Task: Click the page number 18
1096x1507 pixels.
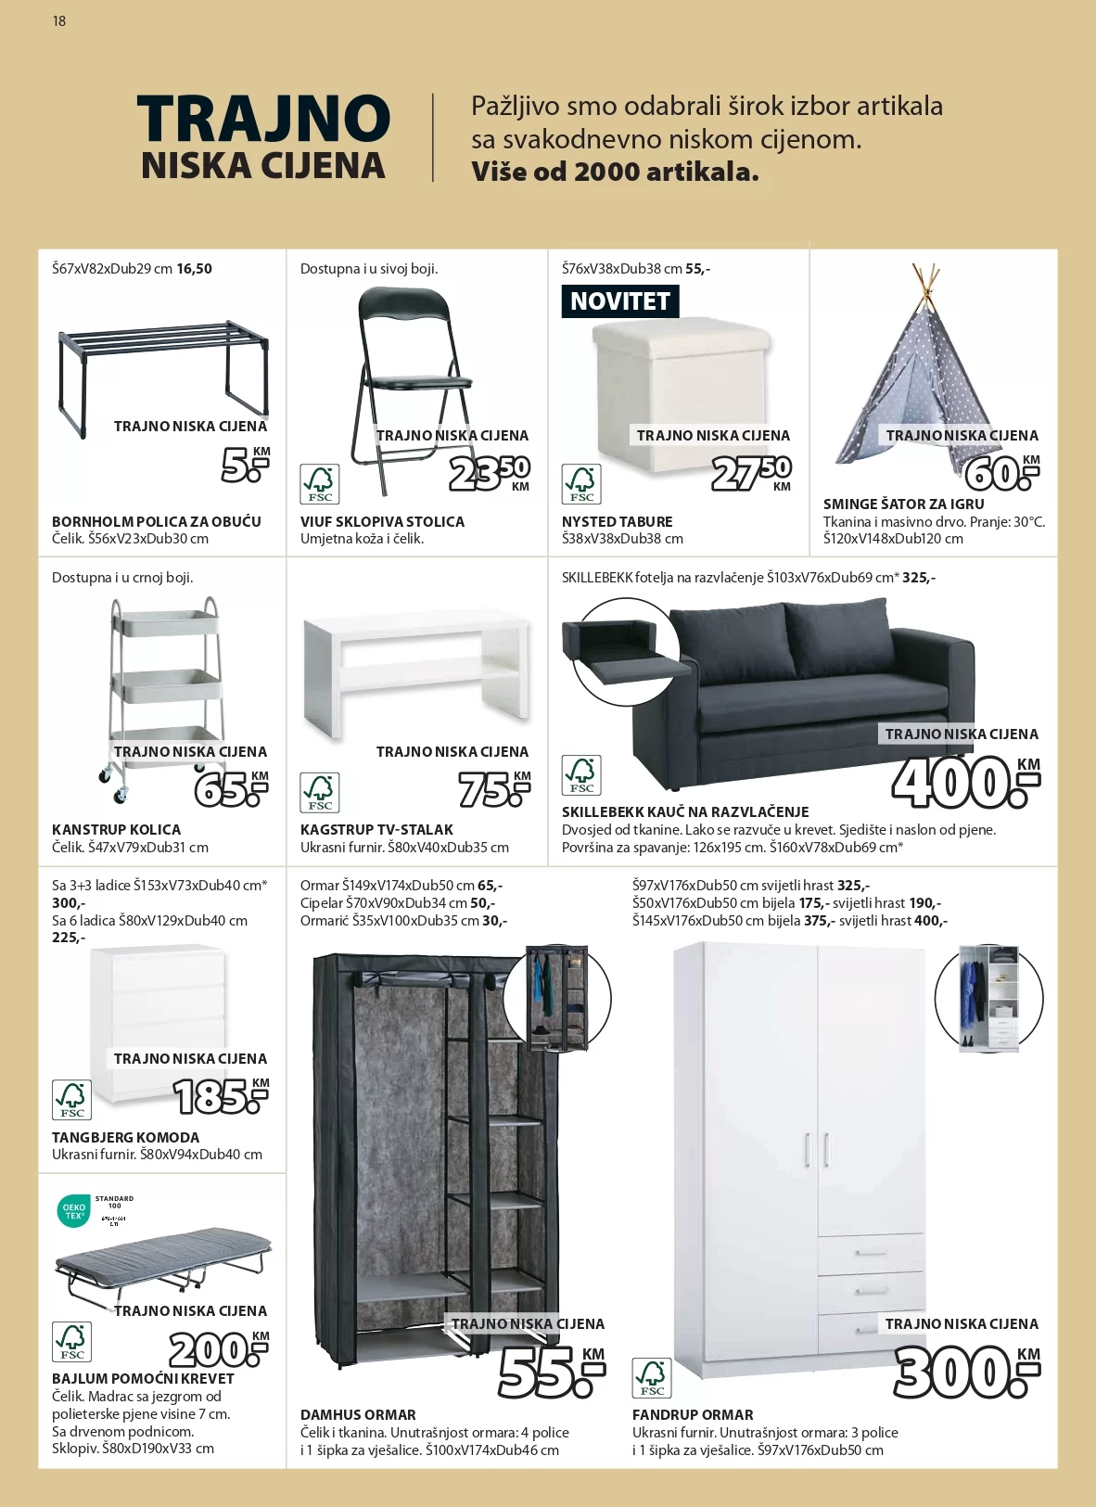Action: pos(59,20)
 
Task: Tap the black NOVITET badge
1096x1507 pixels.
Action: pos(620,301)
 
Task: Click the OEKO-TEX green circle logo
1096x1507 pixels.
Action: pos(73,1211)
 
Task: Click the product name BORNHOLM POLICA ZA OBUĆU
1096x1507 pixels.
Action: pos(157,521)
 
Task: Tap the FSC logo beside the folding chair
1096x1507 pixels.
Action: pos(320,483)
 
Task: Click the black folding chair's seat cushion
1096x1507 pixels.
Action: pos(417,381)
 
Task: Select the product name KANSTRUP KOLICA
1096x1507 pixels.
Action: pos(116,829)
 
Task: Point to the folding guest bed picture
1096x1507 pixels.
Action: pos(162,1261)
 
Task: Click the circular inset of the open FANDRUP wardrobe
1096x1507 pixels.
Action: pos(988,999)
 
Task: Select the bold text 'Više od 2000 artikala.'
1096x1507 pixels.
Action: pos(615,172)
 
